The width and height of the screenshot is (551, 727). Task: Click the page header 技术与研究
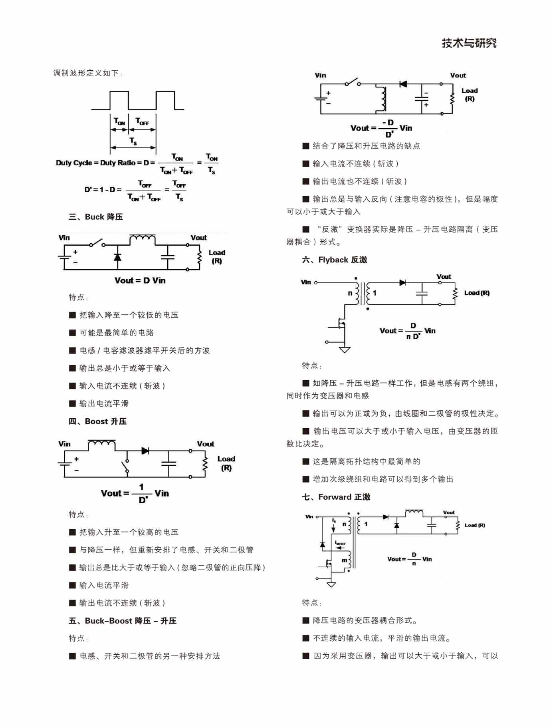[x=469, y=43]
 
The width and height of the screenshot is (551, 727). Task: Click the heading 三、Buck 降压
[x=96, y=217]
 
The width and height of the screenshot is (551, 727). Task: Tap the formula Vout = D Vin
[x=140, y=280]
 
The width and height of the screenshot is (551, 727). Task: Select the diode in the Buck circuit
[x=117, y=257]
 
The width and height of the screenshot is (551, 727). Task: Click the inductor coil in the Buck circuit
[x=143, y=238]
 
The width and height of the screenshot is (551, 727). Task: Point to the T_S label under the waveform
[x=133, y=141]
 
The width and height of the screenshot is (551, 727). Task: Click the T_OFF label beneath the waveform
[x=142, y=121]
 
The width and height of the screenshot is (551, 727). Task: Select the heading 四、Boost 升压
[x=97, y=421]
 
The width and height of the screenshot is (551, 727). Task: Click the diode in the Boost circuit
[x=145, y=451]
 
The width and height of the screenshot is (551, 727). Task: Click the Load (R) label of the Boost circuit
[x=226, y=463]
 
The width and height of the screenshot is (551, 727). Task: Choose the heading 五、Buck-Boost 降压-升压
[x=122, y=621]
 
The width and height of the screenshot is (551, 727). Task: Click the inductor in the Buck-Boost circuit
[x=383, y=99]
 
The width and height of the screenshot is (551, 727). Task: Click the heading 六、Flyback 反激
[x=334, y=260]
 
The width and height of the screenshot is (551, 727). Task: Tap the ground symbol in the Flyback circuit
[x=345, y=350]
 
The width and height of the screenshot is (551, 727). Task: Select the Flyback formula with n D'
[x=407, y=331]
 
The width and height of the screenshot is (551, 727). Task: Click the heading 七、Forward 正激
[x=336, y=497]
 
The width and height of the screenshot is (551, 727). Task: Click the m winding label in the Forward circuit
[x=344, y=560]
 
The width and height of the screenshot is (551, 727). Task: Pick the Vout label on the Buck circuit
[x=198, y=238]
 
